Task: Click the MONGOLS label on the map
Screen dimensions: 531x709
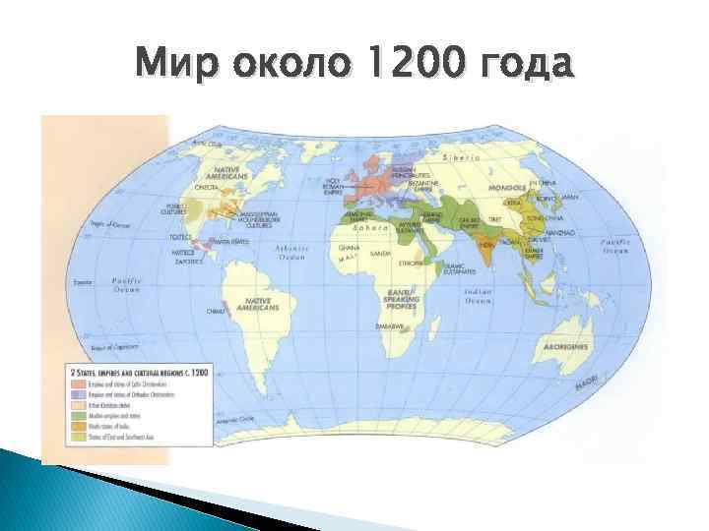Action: [507, 187]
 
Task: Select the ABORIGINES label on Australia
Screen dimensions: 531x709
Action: [565, 346]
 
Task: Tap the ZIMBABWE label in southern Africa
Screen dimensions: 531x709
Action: [391, 325]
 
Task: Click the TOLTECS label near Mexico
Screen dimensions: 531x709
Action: [180, 237]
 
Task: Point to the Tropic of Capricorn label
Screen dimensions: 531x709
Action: [111, 347]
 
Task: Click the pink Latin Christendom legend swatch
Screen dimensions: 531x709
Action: [71, 385]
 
